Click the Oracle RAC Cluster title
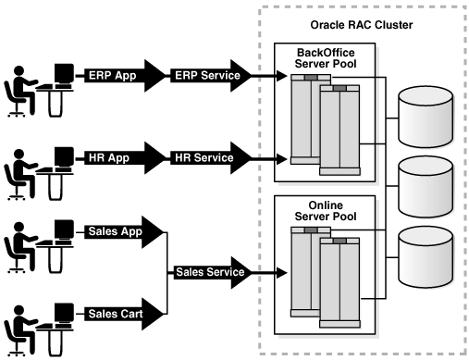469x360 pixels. point(362,25)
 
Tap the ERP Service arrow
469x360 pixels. point(211,76)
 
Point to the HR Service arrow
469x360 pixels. point(211,158)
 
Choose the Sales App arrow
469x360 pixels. point(123,232)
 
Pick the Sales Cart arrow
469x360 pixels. point(123,314)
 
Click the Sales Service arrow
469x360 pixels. point(212,272)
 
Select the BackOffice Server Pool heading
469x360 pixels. point(326,58)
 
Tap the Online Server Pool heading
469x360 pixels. point(326,211)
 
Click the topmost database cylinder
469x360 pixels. point(426,117)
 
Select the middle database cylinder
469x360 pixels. point(426,187)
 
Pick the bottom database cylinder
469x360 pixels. point(426,257)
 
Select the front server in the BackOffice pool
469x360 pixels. point(339,130)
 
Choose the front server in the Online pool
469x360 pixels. point(339,282)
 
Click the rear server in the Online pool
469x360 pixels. point(305,271)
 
